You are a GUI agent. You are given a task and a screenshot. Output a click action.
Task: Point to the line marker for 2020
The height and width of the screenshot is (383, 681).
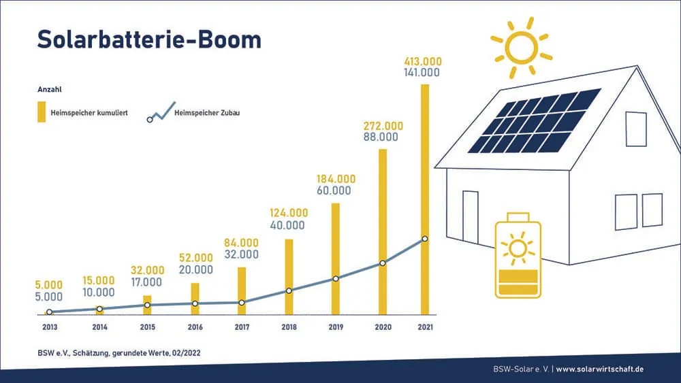(383, 263)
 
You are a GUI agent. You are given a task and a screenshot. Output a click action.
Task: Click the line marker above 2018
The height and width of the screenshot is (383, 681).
(289, 291)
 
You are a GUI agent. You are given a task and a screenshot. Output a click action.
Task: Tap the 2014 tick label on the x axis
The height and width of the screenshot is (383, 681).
(99, 327)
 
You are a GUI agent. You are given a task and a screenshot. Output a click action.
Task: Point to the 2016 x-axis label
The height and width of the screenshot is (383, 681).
(194, 327)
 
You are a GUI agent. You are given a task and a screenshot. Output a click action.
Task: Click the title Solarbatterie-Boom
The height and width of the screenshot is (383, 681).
(149, 39)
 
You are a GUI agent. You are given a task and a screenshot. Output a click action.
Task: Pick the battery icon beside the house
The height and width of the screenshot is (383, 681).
(518, 255)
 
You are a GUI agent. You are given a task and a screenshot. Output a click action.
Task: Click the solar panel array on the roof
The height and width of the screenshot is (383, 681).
(535, 121)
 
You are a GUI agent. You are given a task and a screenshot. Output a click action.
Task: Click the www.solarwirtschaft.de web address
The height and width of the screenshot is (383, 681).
(600, 369)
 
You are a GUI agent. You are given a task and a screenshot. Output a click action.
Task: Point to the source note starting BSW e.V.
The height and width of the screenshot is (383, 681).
(118, 352)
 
